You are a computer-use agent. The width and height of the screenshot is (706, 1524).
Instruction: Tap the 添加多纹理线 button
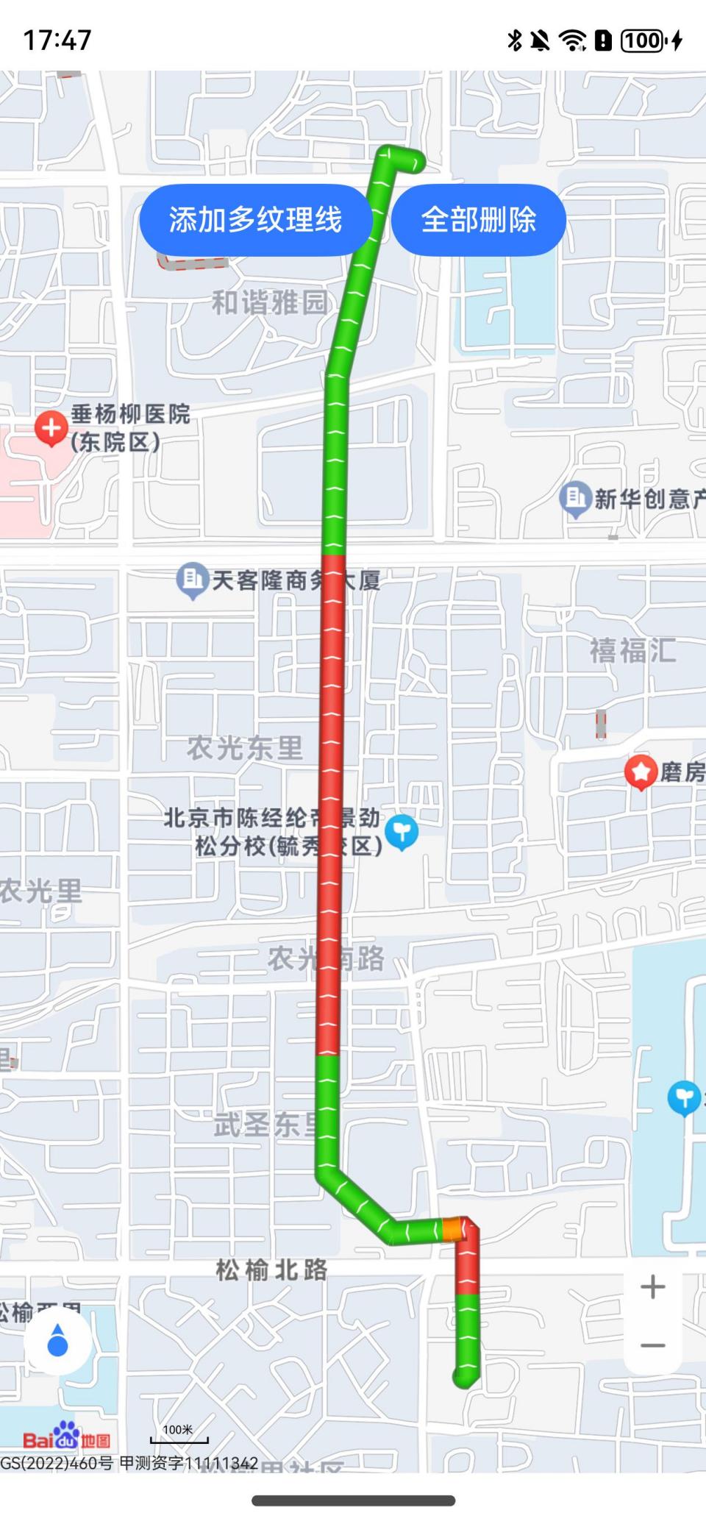(x=255, y=220)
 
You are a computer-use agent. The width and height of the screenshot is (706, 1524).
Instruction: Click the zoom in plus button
(x=652, y=1286)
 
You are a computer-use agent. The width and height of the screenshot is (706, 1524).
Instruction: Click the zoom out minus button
(x=652, y=1345)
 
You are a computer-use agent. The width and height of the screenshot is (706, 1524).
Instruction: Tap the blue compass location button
(x=57, y=1341)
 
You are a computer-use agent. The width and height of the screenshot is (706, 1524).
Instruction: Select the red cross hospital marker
(x=51, y=428)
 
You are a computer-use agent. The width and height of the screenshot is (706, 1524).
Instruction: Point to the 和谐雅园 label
(x=269, y=302)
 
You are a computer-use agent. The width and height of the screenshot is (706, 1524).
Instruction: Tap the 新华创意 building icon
(x=575, y=498)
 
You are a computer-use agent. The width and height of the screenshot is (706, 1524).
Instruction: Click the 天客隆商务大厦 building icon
(x=193, y=580)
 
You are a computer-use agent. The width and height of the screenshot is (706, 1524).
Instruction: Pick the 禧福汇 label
(x=632, y=651)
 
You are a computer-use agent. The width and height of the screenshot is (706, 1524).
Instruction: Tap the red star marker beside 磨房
(x=641, y=772)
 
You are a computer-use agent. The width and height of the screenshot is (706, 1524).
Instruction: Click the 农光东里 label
(x=245, y=748)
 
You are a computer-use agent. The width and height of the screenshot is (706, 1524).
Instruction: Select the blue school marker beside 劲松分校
(x=402, y=832)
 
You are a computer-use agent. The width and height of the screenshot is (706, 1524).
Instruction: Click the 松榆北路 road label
(x=271, y=1270)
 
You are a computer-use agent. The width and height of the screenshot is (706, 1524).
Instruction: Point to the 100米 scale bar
(x=179, y=1435)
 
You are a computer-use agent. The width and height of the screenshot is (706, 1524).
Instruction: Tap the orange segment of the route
(x=452, y=1229)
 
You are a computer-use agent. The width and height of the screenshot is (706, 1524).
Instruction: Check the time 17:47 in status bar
(x=57, y=40)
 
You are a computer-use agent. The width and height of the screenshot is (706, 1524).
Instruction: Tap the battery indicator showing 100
(x=643, y=40)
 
